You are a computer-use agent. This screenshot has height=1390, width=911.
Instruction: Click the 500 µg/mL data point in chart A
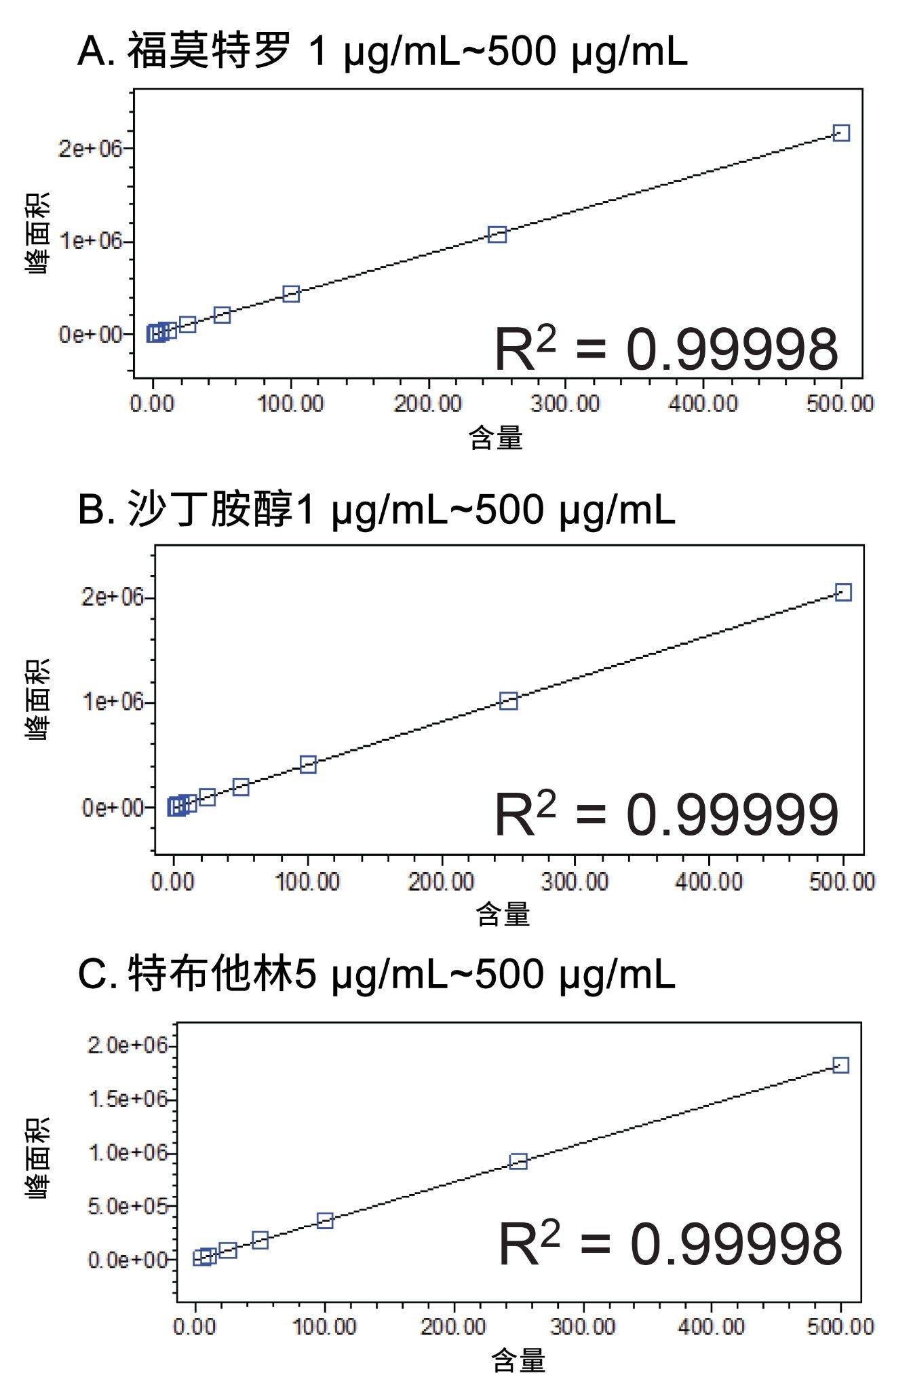point(840,133)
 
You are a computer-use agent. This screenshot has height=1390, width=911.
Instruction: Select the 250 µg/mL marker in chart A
point(497,235)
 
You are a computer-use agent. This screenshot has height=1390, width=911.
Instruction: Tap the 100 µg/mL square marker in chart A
point(291,294)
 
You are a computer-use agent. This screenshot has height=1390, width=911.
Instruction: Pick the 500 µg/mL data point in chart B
point(842,593)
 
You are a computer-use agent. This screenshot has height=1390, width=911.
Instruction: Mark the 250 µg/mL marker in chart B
point(508,701)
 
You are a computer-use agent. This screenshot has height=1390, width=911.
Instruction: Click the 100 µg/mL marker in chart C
point(325,1220)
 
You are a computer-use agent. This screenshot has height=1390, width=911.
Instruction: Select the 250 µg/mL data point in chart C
point(518,1161)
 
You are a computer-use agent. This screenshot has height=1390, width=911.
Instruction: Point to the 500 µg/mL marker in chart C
point(840,1065)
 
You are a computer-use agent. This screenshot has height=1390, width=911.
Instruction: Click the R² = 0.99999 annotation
point(666,814)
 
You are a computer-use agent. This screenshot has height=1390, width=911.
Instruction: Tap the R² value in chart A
point(666,349)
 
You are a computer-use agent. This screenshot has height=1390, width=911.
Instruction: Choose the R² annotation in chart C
point(670,1244)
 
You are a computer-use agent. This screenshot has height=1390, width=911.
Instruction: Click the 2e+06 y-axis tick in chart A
point(90,148)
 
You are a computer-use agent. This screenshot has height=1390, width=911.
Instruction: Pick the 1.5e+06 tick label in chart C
point(127,1098)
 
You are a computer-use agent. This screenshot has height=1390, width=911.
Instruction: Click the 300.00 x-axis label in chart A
point(565,404)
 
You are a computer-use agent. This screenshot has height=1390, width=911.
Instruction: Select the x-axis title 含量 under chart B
point(503,914)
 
